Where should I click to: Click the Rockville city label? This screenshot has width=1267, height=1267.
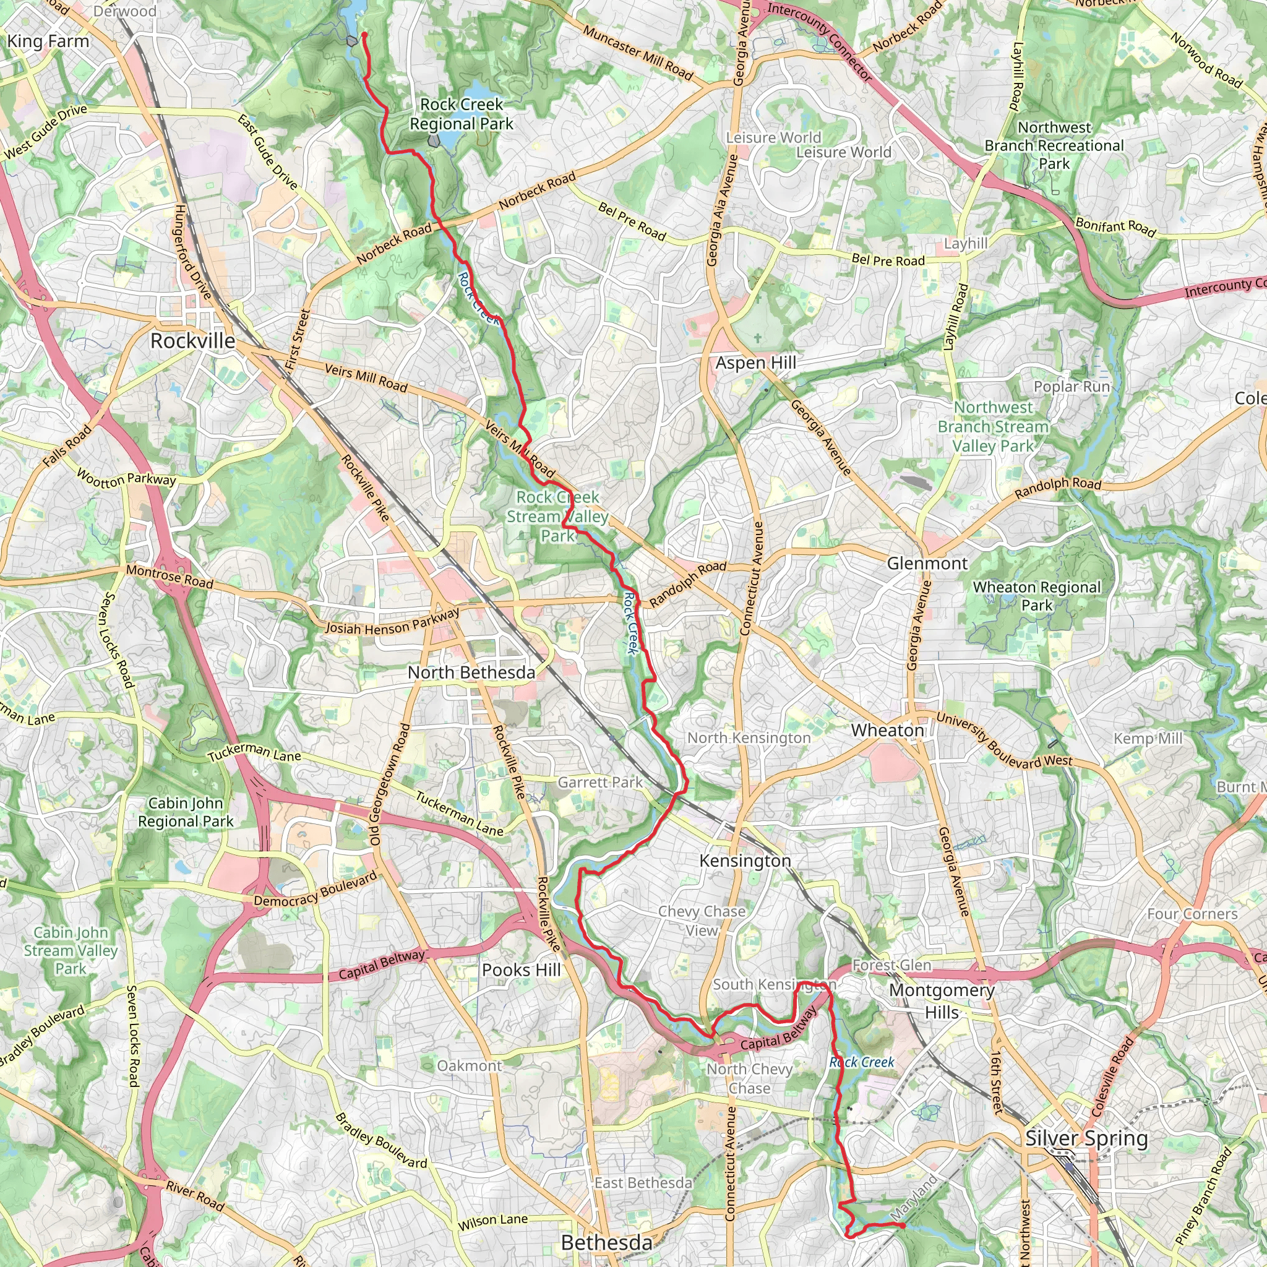coord(193,341)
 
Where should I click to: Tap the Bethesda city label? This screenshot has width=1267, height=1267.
coord(607,1243)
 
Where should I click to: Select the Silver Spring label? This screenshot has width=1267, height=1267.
coord(1086,1138)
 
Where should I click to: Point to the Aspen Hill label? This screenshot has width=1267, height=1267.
coord(755,363)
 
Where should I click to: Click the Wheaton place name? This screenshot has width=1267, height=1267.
coord(887,731)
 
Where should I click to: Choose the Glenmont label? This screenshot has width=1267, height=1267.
coord(927,564)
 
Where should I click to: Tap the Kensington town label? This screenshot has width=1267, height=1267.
coord(745,861)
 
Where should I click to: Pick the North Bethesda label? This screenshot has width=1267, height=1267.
coord(471,672)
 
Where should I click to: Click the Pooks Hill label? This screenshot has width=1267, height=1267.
coord(521,970)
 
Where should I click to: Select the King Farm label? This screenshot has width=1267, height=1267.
coord(48,41)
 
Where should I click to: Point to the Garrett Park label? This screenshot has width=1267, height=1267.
coord(600,783)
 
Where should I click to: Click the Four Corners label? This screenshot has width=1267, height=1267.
coord(1192,914)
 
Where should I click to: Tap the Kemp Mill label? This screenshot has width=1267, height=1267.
coord(1148,739)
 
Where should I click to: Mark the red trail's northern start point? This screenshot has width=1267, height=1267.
coord(364,34)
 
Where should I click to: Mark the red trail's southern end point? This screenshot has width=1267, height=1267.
coord(903,1225)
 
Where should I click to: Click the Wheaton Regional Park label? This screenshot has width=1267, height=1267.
coord(1037,596)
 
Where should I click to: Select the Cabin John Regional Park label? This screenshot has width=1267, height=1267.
coord(186,812)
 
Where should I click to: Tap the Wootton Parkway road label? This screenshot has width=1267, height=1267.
coord(126,478)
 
